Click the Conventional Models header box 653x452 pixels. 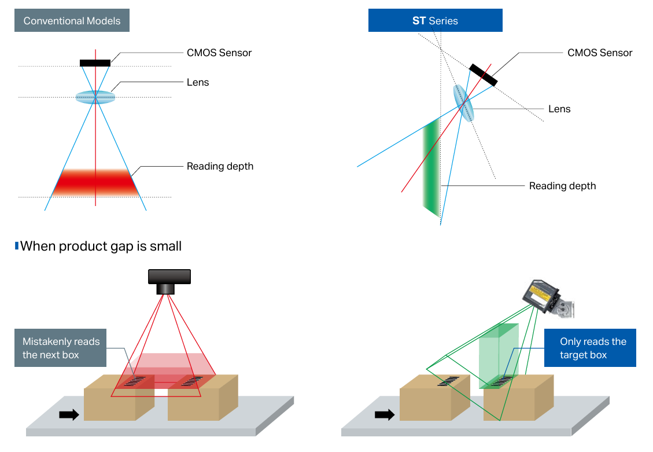click(72, 21)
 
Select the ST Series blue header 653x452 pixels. click(435, 21)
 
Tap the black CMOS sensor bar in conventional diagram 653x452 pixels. click(95, 63)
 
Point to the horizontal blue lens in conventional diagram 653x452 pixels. click(95, 97)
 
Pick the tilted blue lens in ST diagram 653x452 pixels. click(463, 103)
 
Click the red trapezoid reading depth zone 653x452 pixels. click(95, 182)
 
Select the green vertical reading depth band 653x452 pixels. click(431, 168)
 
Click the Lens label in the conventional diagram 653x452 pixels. click(198, 82)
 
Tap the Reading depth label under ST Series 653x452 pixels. click(562, 186)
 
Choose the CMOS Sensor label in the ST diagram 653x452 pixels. click(600, 53)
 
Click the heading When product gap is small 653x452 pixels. click(101, 246)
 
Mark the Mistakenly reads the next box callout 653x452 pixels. click(61, 348)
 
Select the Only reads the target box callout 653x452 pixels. click(590, 348)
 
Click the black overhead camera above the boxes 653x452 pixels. click(169, 281)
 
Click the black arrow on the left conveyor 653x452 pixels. click(69, 414)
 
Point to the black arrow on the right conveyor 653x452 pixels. click(385, 414)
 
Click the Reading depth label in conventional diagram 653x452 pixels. click(220, 166)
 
